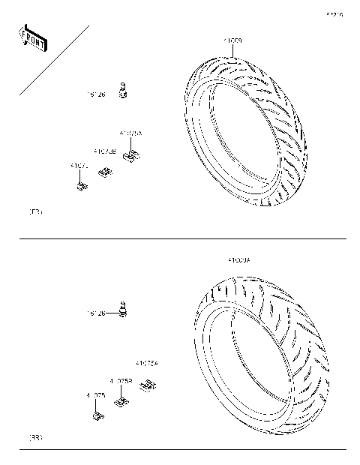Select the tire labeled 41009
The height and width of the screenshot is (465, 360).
248,133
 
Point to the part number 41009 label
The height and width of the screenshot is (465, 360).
232,39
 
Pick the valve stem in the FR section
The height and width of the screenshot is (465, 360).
127,90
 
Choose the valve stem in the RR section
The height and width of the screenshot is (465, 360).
124,309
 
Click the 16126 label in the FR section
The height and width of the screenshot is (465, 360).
96,94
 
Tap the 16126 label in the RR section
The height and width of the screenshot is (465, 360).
96,313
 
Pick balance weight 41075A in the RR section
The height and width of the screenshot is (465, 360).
148,386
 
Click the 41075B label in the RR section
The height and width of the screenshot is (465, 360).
121,381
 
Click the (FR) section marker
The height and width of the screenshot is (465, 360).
34,213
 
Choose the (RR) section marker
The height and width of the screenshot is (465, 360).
34,437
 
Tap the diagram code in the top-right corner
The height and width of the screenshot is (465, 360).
334,14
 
